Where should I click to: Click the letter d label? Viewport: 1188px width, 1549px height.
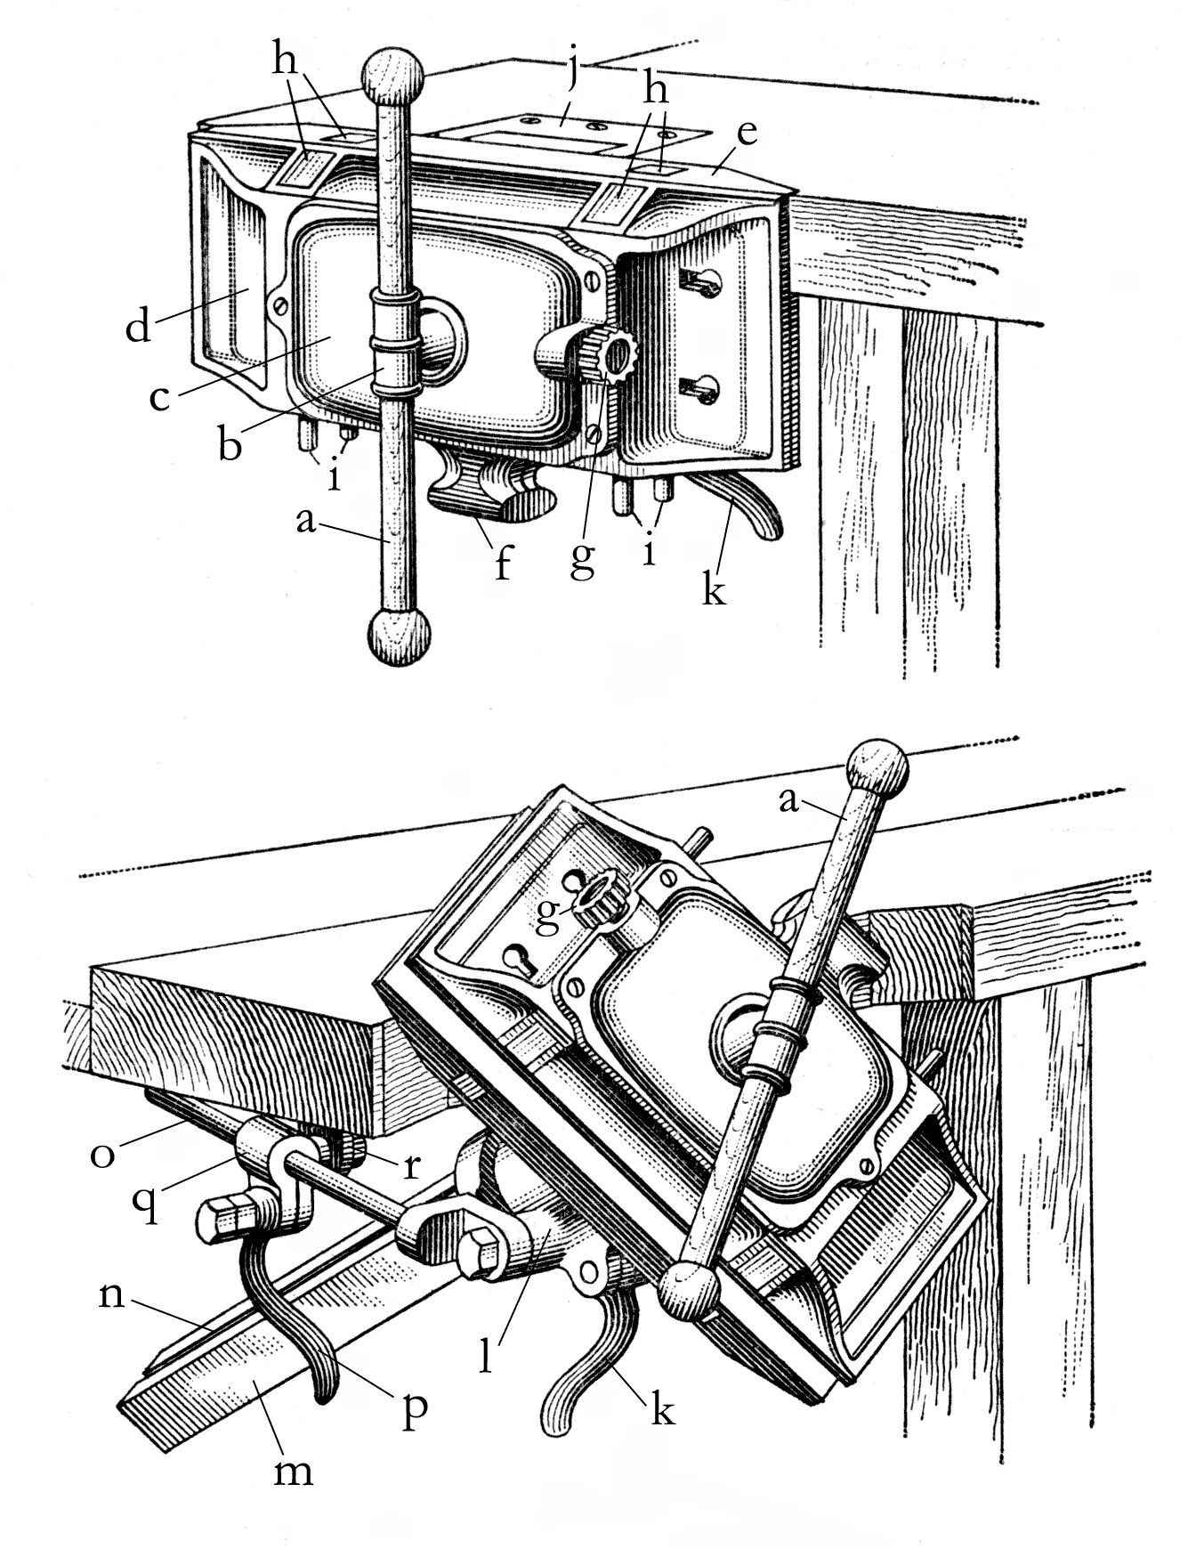click(138, 327)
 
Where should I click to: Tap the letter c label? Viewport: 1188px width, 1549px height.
click(159, 397)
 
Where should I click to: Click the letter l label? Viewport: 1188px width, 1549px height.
click(486, 1358)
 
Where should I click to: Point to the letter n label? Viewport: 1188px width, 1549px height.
click(110, 1295)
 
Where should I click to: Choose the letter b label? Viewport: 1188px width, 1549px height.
click(230, 444)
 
